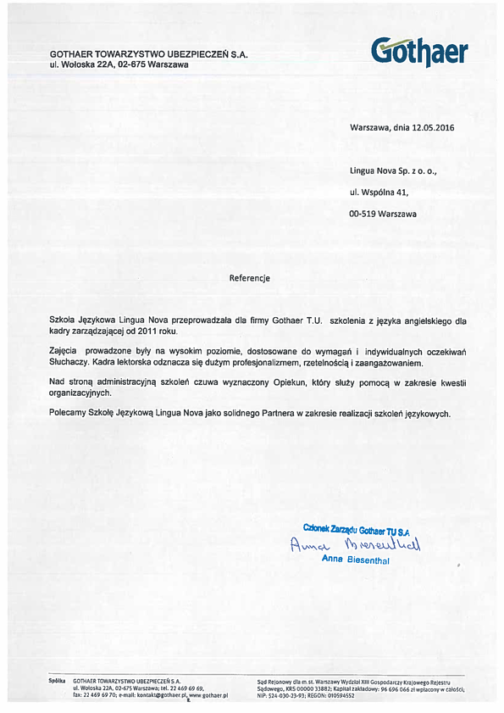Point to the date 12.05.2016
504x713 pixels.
click(434, 127)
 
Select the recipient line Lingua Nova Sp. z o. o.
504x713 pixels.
click(392, 170)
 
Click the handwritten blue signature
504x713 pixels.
click(355, 543)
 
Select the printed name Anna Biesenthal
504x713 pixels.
click(355, 560)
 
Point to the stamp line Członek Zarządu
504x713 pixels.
click(331, 528)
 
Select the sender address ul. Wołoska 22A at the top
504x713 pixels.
click(119, 64)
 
